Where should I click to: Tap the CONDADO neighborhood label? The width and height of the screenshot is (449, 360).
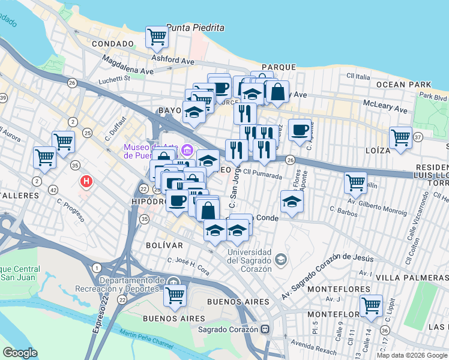pos(112,44)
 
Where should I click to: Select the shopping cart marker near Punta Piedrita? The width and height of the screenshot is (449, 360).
pos(157,37)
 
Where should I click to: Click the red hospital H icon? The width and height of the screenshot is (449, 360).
pos(87,180)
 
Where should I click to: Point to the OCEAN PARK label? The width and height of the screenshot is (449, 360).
pos(404,85)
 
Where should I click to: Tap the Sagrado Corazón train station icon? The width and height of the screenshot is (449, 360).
pos(264,329)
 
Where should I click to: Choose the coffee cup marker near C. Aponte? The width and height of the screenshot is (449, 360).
pos(300,130)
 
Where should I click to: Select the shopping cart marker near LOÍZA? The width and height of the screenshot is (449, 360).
pos(400,137)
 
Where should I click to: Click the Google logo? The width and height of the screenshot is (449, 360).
pos(20,353)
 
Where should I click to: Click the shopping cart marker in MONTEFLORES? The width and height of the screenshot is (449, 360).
pos(371,305)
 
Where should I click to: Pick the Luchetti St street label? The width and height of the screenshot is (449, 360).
pos(114,77)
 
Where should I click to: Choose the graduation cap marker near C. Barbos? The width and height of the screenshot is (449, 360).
pos(292,202)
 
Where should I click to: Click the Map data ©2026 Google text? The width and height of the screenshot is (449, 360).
pos(412,355)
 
